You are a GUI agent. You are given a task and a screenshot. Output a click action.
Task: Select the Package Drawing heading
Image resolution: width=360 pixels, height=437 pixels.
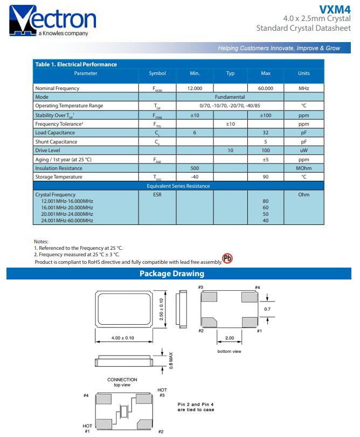[172, 274]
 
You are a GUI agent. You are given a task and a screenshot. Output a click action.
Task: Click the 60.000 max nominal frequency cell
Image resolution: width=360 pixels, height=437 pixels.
[266, 88]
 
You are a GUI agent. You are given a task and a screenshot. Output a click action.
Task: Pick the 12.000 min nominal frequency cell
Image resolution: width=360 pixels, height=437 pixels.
[195, 88]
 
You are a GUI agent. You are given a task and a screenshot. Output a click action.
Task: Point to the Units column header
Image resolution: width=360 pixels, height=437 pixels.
[304, 73]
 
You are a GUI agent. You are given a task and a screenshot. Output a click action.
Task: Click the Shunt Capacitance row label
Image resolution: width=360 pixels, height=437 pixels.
[56, 142]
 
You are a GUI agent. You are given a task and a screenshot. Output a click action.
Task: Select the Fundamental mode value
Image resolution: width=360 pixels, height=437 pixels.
[230, 97]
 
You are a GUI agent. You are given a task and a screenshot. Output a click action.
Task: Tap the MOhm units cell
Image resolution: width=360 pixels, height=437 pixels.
[304, 168]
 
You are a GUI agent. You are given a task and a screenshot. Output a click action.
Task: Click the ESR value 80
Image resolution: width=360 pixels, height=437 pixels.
[266, 201]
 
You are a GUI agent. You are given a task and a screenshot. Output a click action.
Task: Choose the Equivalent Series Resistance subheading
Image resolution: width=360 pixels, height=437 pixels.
[178, 186]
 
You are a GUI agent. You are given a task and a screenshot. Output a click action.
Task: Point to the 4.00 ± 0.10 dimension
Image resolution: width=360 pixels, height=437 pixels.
[123, 338]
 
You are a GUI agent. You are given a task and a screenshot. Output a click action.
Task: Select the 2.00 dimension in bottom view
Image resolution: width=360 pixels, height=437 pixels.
[229, 338]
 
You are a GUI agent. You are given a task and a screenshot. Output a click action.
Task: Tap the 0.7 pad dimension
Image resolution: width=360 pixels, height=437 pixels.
[267, 309]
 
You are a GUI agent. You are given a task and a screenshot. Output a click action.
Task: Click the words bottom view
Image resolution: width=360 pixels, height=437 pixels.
[229, 351]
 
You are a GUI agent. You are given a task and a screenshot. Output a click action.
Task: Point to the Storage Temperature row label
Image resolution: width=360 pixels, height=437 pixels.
[59, 177]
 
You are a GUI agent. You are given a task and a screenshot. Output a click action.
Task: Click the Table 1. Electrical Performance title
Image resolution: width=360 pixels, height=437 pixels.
[76, 64]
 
